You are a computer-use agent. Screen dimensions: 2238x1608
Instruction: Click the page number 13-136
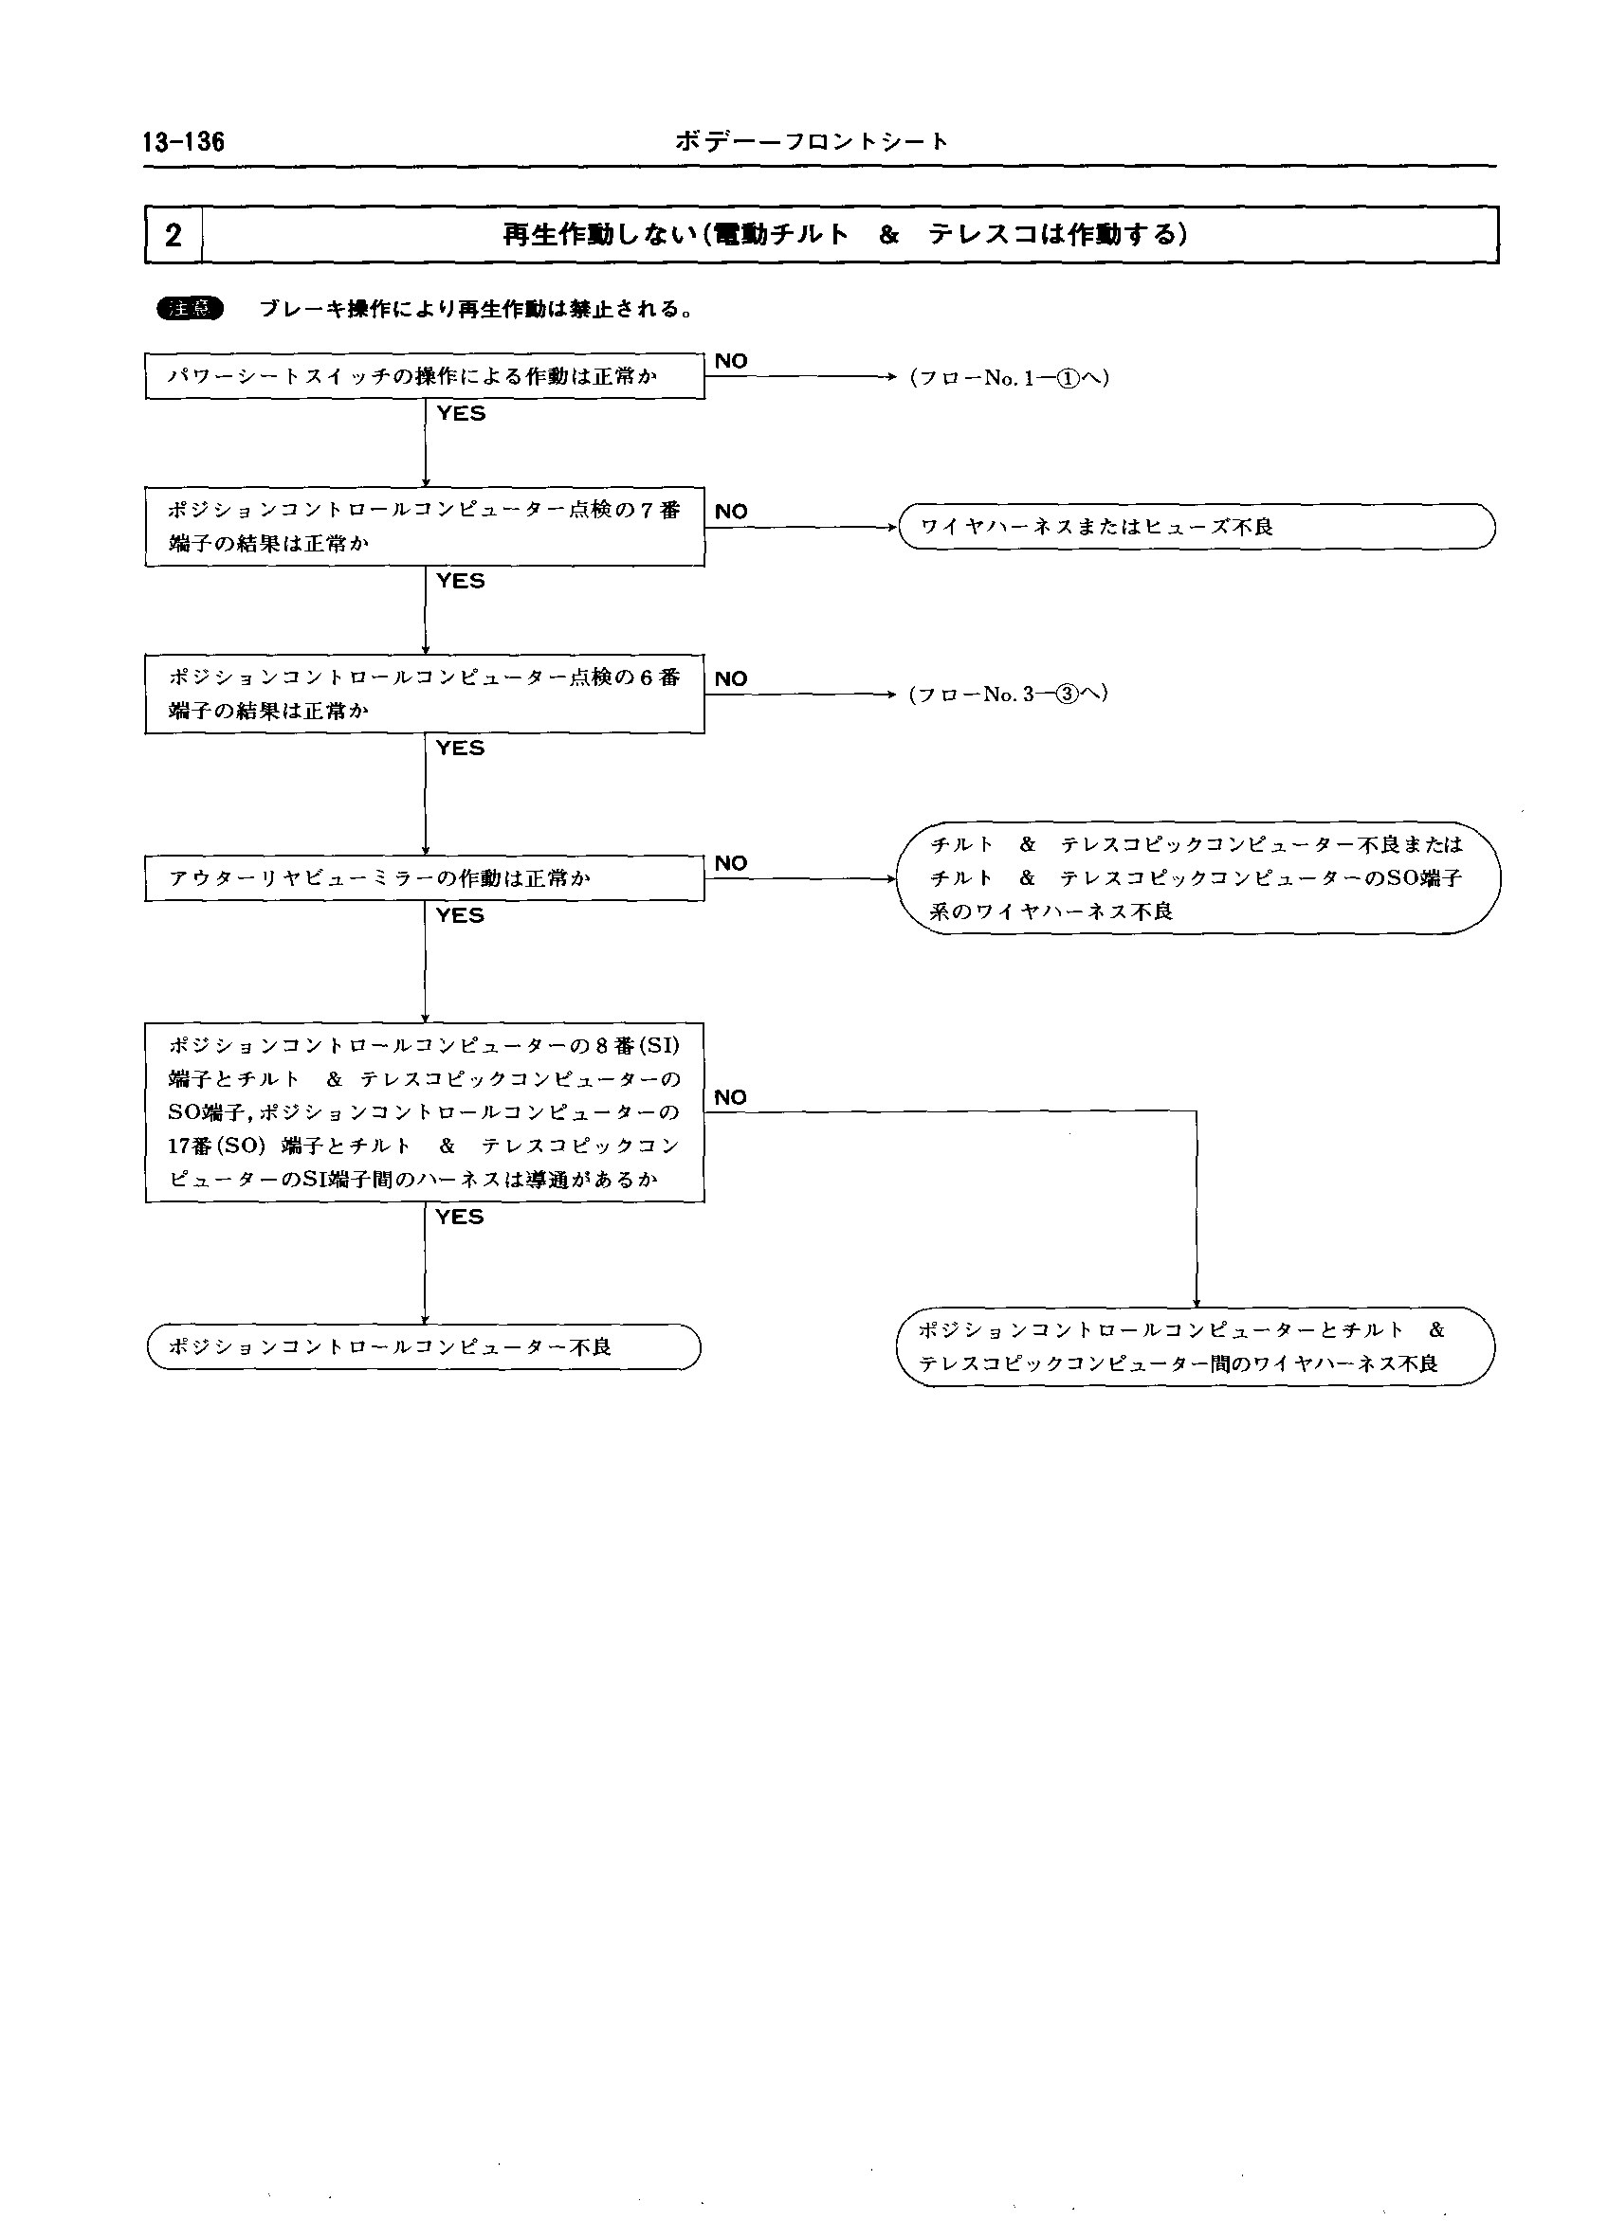point(184,142)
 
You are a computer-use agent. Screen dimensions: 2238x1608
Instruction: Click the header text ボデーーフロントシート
point(812,142)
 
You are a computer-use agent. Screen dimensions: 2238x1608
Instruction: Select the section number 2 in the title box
point(174,235)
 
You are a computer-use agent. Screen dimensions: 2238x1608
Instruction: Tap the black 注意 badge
point(191,309)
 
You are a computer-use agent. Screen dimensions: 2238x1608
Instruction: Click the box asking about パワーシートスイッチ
point(425,376)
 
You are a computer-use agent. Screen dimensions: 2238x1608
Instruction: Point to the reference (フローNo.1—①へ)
point(1009,377)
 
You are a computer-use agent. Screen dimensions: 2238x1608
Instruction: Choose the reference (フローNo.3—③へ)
point(1008,694)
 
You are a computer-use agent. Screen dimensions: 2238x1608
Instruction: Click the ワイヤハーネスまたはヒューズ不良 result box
point(1197,527)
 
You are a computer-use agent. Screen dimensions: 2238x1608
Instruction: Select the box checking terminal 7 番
point(425,526)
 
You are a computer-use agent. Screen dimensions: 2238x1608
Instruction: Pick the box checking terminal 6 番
point(425,694)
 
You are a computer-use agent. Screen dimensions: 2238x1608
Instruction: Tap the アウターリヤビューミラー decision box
point(425,878)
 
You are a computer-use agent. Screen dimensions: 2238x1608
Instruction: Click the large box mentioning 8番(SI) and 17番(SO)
point(425,1112)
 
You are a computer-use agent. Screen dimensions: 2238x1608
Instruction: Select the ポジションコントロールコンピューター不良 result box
point(424,1347)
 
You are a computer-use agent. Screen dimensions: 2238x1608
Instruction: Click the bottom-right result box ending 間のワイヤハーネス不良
point(1197,1347)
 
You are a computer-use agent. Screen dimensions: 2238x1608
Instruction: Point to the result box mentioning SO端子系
point(1197,878)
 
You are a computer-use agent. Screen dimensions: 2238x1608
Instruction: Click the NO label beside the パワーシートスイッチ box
point(731,361)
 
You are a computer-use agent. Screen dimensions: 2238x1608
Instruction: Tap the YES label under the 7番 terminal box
point(461,581)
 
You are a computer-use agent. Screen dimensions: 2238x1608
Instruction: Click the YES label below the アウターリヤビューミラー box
point(461,915)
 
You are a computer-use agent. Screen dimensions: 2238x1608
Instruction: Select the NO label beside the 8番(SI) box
point(731,1097)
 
